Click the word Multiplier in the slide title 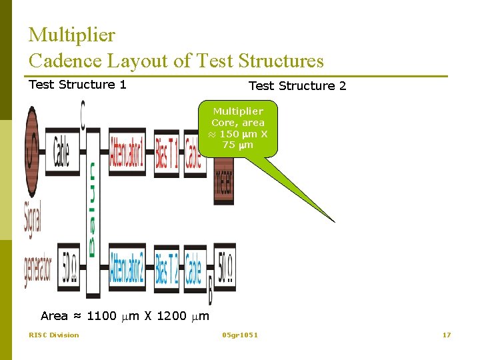tap(72, 35)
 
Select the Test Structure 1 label tap(77, 85)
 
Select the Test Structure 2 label tap(297, 86)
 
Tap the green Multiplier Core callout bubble tap(238, 128)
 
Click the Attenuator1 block tap(127, 154)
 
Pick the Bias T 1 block tap(167, 154)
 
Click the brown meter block tap(223, 180)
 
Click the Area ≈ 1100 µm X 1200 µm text tap(125, 316)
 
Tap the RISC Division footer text tap(53, 335)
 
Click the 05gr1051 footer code tap(240, 335)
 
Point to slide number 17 tap(447, 335)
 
